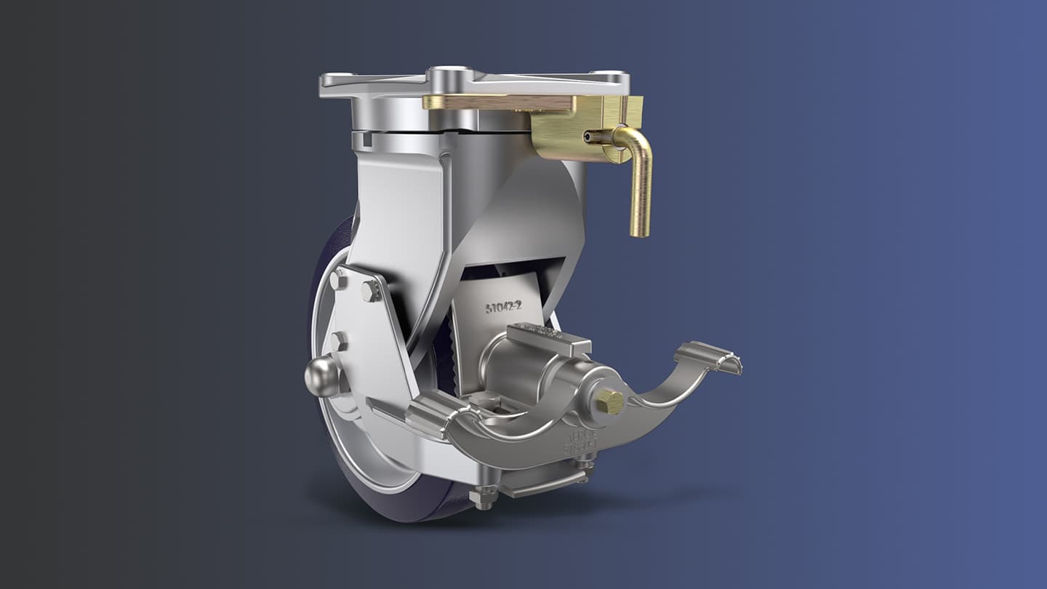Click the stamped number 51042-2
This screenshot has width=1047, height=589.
click(504, 307)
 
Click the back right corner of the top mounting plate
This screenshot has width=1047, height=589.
click(611, 75)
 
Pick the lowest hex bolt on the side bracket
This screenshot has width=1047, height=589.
click(338, 342)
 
